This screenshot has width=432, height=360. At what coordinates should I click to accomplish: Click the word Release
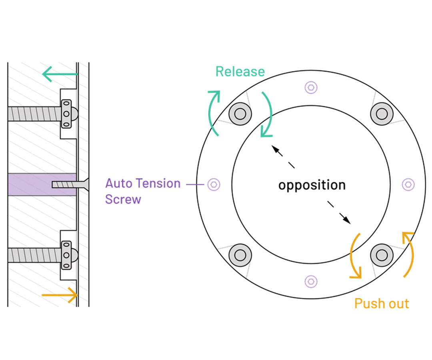point(240,72)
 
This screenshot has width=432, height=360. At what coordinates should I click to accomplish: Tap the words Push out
point(381,304)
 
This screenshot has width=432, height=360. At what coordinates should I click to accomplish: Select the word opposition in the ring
point(312,185)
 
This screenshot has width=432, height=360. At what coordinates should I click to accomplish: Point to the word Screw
point(123,199)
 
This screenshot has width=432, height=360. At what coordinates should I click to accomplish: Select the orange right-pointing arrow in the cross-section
point(60,295)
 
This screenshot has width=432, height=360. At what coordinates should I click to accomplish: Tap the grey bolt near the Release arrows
point(240,114)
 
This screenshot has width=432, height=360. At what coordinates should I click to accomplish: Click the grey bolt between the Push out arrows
point(382,255)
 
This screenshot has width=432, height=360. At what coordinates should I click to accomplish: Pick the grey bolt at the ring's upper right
point(382,114)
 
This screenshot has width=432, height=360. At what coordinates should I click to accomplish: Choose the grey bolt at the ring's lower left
point(240,255)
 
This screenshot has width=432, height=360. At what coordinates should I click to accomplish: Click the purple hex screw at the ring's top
point(311,88)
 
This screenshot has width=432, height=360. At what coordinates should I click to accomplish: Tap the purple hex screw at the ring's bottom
point(311,282)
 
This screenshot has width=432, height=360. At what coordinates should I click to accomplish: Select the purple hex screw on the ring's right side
point(408,184)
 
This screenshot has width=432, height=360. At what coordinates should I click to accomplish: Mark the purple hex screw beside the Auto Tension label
point(214,184)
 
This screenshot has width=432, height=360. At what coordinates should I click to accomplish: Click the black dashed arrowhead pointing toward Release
point(276,150)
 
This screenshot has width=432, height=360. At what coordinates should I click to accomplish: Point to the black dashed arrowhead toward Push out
point(346,219)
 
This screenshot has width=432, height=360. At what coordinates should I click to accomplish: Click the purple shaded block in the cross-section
point(42,184)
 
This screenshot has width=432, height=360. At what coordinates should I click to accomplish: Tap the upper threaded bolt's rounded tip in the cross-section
point(74,114)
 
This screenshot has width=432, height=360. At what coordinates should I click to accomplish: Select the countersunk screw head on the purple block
point(83,184)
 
